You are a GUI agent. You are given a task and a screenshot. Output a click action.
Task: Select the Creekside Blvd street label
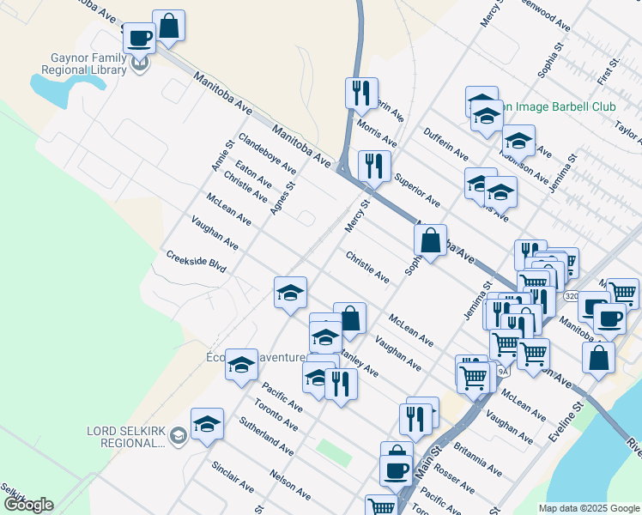pyautogui.click(x=196, y=262)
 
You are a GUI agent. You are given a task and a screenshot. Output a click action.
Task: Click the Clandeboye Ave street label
pyautogui.click(x=267, y=154)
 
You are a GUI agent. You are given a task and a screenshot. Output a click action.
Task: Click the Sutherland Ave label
pyautogui.click(x=267, y=437)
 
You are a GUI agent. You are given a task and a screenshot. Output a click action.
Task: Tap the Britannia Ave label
pyautogui.click(x=477, y=459)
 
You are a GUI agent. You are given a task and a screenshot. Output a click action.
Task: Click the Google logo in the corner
pyautogui.click(x=28, y=505)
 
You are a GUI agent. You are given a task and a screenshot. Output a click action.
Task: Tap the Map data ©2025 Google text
pyautogui.click(x=588, y=508)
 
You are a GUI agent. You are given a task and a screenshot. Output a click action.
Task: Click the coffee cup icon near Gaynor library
pyautogui.click(x=139, y=37)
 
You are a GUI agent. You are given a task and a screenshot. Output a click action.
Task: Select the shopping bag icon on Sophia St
pyautogui.click(x=431, y=241)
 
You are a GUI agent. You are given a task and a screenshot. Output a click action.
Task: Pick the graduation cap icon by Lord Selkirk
pyautogui.click(x=207, y=423)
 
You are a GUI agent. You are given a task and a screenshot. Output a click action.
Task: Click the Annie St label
pyautogui.click(x=222, y=155)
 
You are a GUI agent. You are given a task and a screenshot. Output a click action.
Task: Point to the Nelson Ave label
pyautogui.click(x=290, y=483)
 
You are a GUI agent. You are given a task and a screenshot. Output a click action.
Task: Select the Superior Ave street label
pyautogui.click(x=417, y=191)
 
